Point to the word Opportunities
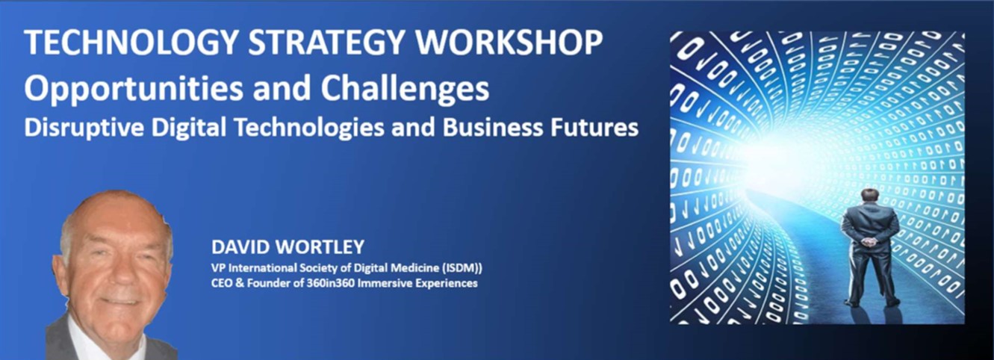pyautogui.click(x=134, y=89)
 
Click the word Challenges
pyautogui.click(x=405, y=89)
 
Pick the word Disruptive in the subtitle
pyautogui.click(x=84, y=128)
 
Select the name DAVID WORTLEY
pyautogui.click(x=288, y=246)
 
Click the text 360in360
pyautogui.click(x=331, y=283)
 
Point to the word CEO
pyautogui.click(x=221, y=283)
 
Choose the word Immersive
pyautogui.click(x=385, y=283)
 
